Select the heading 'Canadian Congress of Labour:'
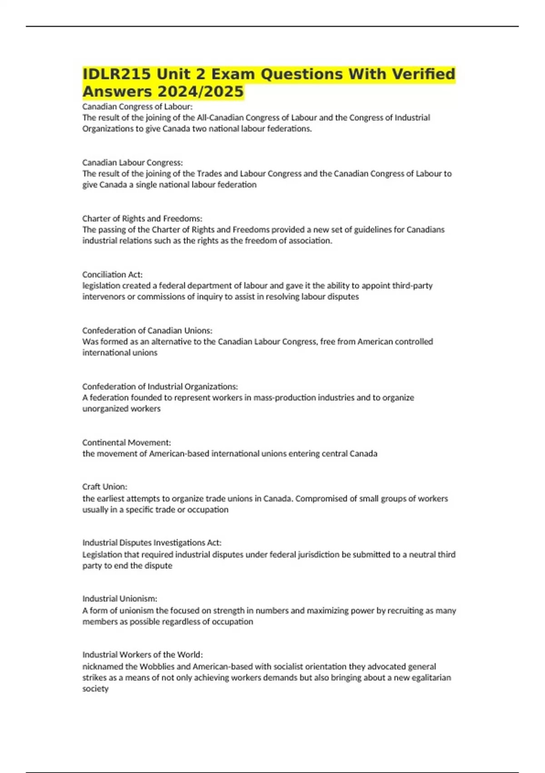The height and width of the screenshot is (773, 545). [x=137, y=106]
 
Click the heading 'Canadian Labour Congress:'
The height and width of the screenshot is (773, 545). [x=132, y=162]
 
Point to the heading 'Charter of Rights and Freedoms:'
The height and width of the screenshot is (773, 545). [x=142, y=218]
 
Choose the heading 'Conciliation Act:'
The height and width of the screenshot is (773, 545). [x=112, y=274]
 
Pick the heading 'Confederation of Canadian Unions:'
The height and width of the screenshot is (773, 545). [x=147, y=330]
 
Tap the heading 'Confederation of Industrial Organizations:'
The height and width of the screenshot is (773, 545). [x=160, y=386]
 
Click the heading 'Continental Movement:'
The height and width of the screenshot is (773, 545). [x=126, y=442]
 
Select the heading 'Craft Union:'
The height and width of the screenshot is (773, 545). [x=104, y=486]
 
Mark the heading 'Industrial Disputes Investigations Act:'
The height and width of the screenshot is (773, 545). [x=152, y=542]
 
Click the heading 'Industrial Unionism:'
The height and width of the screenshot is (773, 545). [x=119, y=598]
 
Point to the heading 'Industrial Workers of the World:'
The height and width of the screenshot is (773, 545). [x=142, y=654]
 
